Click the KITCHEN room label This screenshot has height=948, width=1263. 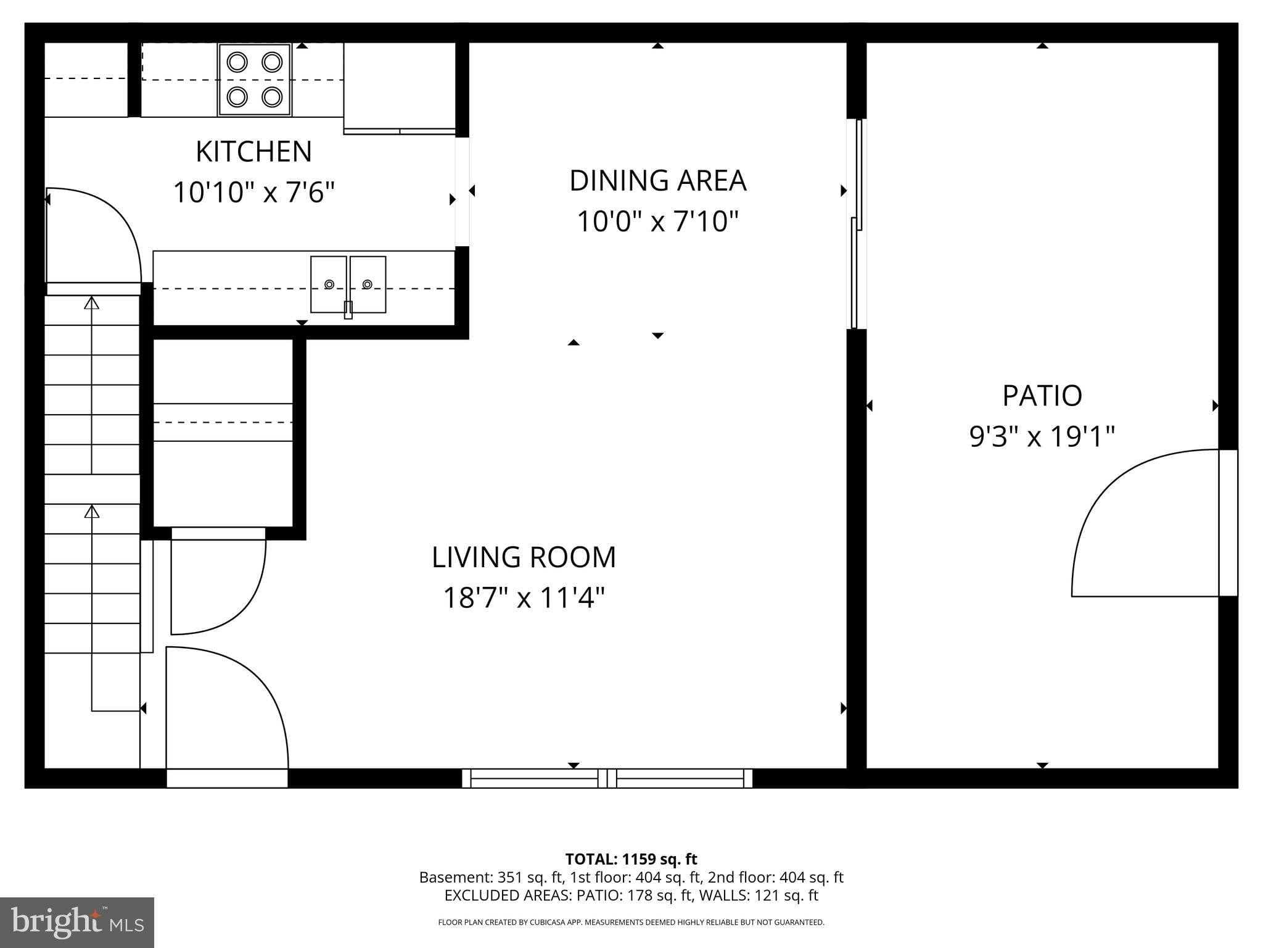pos(253,152)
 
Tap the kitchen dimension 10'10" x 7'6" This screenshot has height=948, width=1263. pos(253,193)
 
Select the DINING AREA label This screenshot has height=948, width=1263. pos(657,181)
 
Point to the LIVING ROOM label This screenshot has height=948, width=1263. pos(524,557)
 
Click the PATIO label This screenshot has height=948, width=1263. pos(1042,396)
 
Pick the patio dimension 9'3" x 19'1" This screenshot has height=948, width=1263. pos(1042,437)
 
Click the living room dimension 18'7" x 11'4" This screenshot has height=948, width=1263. pos(524,598)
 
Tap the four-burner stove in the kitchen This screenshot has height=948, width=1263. pos(254,80)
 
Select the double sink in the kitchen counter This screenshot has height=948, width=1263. pos(348,285)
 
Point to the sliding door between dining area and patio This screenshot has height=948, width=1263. pos(857,223)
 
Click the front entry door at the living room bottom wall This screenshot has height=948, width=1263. pos(227,710)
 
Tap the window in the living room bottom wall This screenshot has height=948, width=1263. pos(607,778)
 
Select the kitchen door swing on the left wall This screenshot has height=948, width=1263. pos(93,235)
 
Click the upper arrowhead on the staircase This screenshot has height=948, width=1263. pos(92,302)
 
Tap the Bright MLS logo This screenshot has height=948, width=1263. pos(76,922)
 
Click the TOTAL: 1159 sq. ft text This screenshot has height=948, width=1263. pos(631,859)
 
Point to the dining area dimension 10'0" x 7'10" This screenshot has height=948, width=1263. pos(657,222)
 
